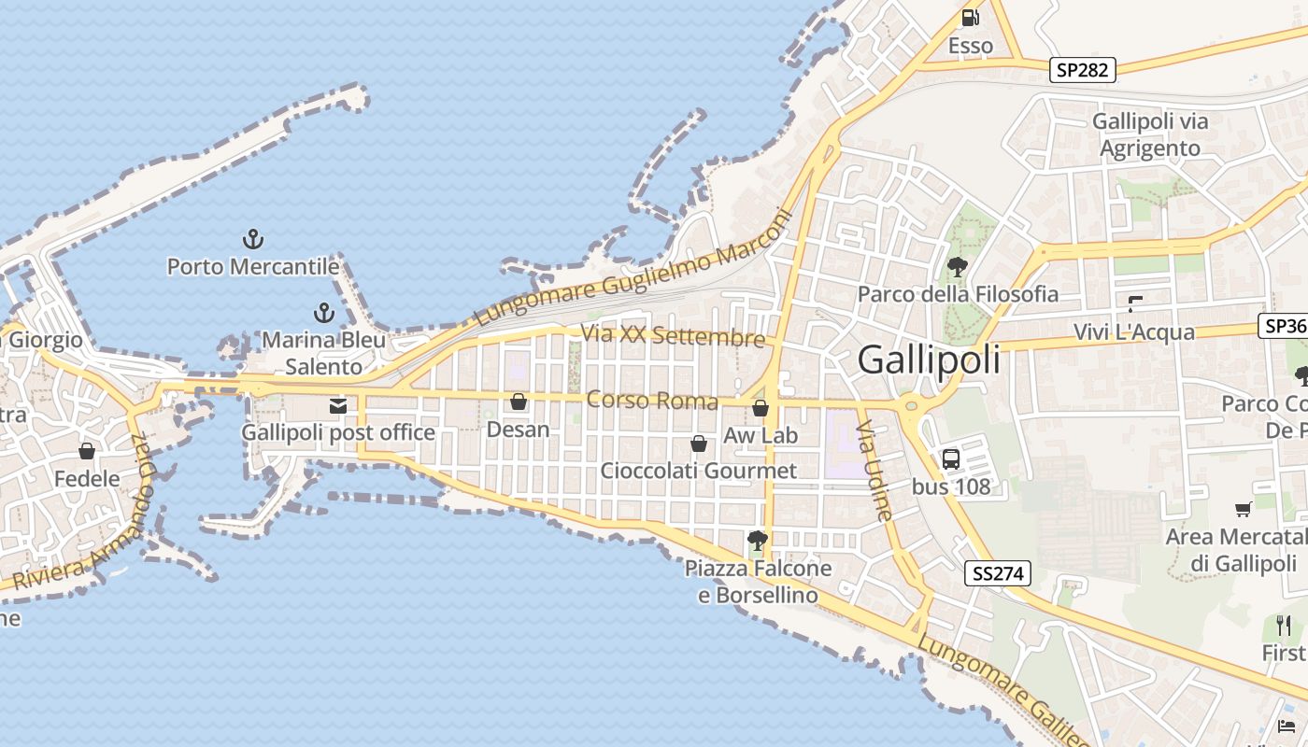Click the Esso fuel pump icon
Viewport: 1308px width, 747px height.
tap(970, 17)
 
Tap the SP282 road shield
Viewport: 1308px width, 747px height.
tap(1083, 70)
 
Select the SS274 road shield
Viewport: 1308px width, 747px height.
tap(998, 573)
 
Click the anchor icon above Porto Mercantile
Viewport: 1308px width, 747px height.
tap(252, 239)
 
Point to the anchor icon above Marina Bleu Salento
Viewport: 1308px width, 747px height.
tap(323, 312)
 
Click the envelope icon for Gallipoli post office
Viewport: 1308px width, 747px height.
tap(338, 406)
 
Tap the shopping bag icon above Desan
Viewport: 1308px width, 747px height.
tap(519, 402)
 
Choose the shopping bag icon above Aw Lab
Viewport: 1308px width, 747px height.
tap(761, 408)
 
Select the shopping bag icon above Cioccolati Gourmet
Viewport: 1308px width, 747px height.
tap(698, 444)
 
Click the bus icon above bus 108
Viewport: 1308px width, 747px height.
tap(950, 458)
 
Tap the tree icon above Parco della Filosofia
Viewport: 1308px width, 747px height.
tap(958, 267)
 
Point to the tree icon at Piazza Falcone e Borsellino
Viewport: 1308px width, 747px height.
tap(758, 540)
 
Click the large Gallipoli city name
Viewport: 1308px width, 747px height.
tap(929, 359)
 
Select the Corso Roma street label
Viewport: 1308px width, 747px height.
tap(652, 401)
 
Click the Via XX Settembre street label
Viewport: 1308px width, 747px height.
tap(673, 335)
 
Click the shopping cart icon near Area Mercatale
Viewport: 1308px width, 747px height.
tap(1244, 509)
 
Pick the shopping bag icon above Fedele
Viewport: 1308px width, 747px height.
tap(87, 452)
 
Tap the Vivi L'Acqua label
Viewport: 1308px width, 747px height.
tap(1133, 332)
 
